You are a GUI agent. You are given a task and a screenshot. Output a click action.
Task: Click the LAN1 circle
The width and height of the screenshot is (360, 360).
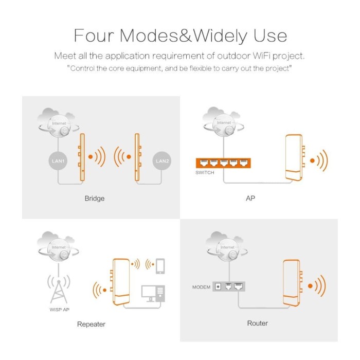(x=58, y=161)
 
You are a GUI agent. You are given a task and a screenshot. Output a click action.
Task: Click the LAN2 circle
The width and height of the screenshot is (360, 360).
(x=162, y=160)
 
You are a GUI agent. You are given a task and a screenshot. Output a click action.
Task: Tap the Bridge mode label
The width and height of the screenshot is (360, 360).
(x=95, y=199)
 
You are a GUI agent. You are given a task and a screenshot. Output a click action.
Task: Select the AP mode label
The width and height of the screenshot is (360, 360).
(x=250, y=198)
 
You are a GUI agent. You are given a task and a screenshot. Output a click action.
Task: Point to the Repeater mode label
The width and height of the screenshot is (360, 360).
(x=91, y=324)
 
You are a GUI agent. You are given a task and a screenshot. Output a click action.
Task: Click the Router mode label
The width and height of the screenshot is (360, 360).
(x=257, y=323)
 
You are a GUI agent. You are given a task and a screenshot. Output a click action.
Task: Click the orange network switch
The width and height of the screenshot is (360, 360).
(x=223, y=163)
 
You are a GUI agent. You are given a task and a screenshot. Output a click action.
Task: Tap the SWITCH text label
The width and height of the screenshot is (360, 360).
(x=205, y=173)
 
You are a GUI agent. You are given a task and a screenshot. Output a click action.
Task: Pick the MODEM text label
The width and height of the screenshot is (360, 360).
(x=202, y=287)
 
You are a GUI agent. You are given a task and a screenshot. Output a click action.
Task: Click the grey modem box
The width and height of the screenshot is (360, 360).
(x=229, y=286)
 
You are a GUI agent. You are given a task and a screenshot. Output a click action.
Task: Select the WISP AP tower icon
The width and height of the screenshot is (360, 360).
(x=59, y=289)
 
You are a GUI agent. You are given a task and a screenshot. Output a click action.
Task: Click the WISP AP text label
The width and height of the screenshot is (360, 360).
(x=60, y=310)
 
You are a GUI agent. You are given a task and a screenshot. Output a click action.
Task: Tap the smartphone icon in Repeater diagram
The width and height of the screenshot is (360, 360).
(x=160, y=266)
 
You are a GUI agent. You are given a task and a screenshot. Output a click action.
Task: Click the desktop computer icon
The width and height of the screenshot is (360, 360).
(x=153, y=294)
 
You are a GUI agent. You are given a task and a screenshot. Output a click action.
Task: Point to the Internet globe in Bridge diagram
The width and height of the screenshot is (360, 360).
(x=59, y=124)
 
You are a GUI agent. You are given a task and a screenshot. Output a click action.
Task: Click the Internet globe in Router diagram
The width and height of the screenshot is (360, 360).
(x=227, y=248)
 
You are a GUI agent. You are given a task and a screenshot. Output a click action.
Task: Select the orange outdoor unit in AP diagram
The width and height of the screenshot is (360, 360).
(x=295, y=158)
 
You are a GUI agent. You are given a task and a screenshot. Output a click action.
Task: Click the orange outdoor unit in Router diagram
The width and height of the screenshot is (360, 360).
(x=292, y=283)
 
